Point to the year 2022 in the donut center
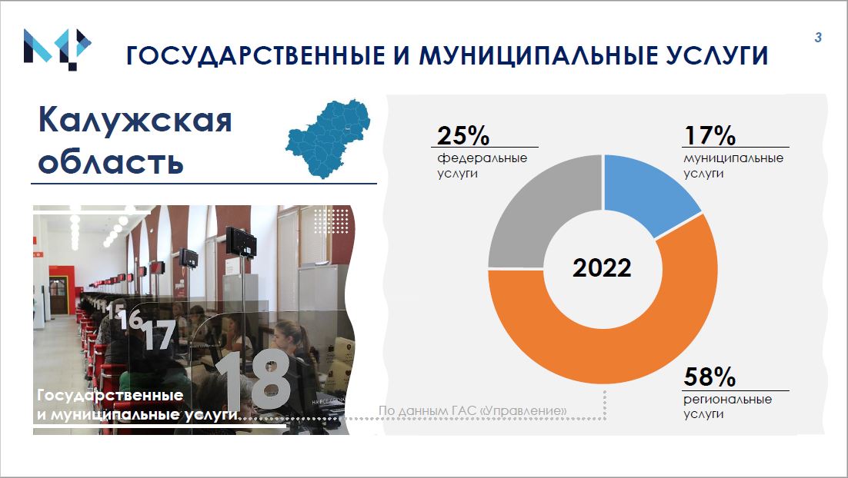[x=602, y=268]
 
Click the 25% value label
[x=463, y=135]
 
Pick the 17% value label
[x=709, y=135]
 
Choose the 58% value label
[x=709, y=377]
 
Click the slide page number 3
[x=818, y=37]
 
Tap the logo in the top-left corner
[x=57, y=48]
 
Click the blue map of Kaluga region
[x=329, y=138]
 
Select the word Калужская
[x=135, y=119]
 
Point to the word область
[x=111, y=161]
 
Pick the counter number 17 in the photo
[x=160, y=334]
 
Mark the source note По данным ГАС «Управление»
[x=472, y=410]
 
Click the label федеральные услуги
[x=482, y=166]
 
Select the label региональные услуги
[x=727, y=407]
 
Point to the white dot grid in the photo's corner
[x=331, y=221]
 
